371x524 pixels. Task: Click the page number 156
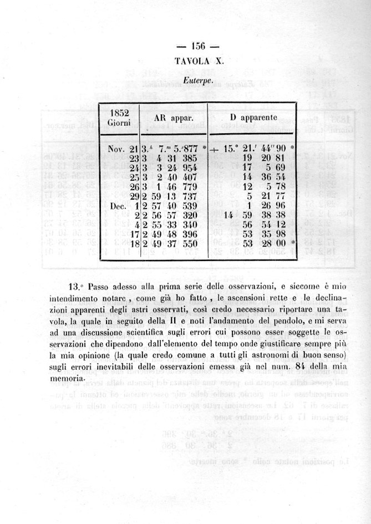pos(198,46)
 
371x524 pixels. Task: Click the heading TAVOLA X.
pos(199,61)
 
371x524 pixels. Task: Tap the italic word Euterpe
pos(198,81)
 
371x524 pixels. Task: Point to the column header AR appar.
pos(172,118)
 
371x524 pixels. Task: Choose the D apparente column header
pos(253,118)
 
